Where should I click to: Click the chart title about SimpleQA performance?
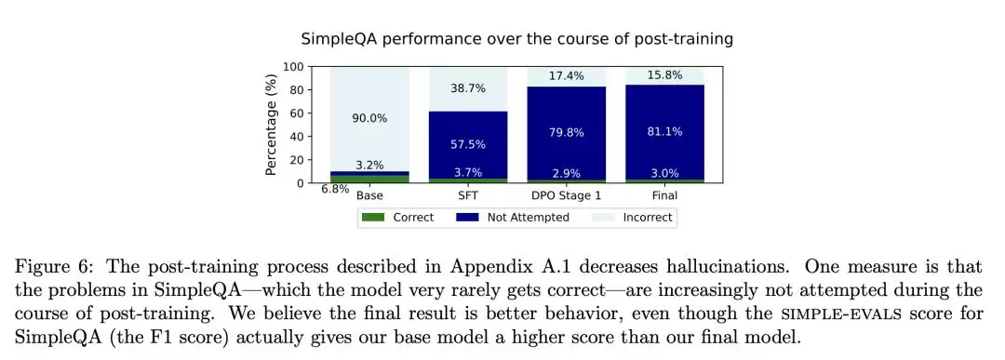click(x=517, y=39)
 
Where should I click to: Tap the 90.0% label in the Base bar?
click(x=369, y=118)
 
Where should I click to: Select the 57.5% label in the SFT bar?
click(x=468, y=144)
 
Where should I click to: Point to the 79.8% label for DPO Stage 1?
click(x=567, y=133)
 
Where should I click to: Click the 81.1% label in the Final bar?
click(x=665, y=131)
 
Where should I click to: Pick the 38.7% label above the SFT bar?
click(x=468, y=88)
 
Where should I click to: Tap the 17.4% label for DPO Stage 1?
click(x=567, y=75)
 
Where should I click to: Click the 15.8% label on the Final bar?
click(x=665, y=75)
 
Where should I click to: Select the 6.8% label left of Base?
click(x=335, y=189)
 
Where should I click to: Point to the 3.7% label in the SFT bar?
click(x=468, y=173)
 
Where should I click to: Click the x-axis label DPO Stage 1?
click(x=567, y=195)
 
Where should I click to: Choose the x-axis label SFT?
click(x=468, y=195)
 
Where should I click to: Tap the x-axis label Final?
click(x=665, y=195)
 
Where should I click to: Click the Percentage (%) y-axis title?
click(x=271, y=125)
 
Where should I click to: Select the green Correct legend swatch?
click(x=373, y=217)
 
